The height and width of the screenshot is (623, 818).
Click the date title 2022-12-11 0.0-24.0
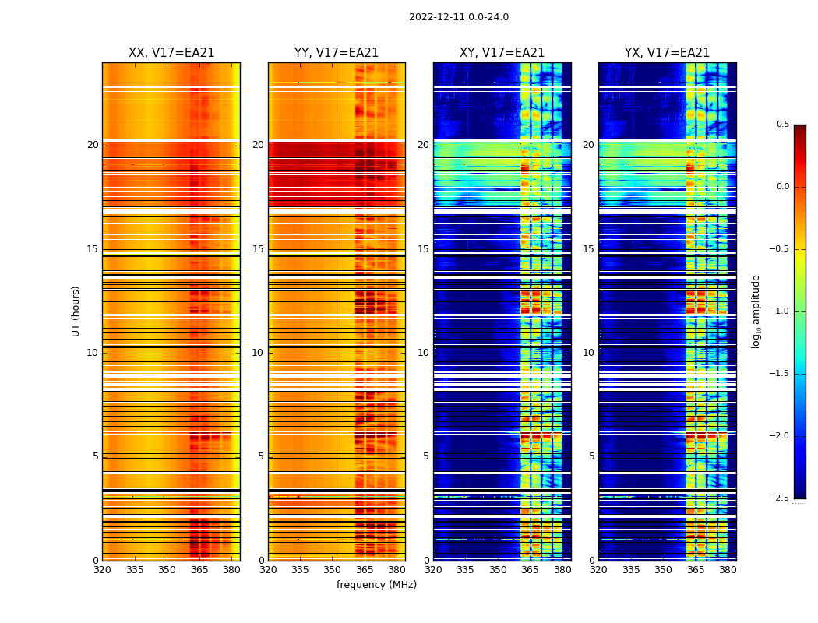(x=458, y=17)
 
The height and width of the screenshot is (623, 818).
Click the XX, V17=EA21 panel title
(x=171, y=53)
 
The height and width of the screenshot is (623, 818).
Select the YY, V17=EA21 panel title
(x=337, y=53)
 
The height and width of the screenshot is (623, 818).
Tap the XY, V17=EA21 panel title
(x=502, y=53)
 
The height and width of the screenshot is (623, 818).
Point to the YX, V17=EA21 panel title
(x=667, y=53)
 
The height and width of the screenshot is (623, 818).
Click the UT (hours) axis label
(x=76, y=311)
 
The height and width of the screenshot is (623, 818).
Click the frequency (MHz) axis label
(x=376, y=585)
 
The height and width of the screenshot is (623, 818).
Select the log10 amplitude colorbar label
(x=756, y=311)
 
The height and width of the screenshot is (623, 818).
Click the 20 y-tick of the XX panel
(x=93, y=145)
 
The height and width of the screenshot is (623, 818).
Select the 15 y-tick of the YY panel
(x=258, y=249)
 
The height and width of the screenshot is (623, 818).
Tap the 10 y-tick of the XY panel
(x=423, y=353)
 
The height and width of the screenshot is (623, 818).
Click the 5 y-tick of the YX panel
(x=591, y=456)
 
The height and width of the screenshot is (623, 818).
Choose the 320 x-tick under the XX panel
(x=102, y=570)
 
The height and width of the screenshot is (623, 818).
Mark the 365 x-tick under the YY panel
(x=365, y=570)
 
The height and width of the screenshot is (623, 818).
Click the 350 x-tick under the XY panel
(x=498, y=570)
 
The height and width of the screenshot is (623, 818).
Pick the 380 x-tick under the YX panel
(x=728, y=570)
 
